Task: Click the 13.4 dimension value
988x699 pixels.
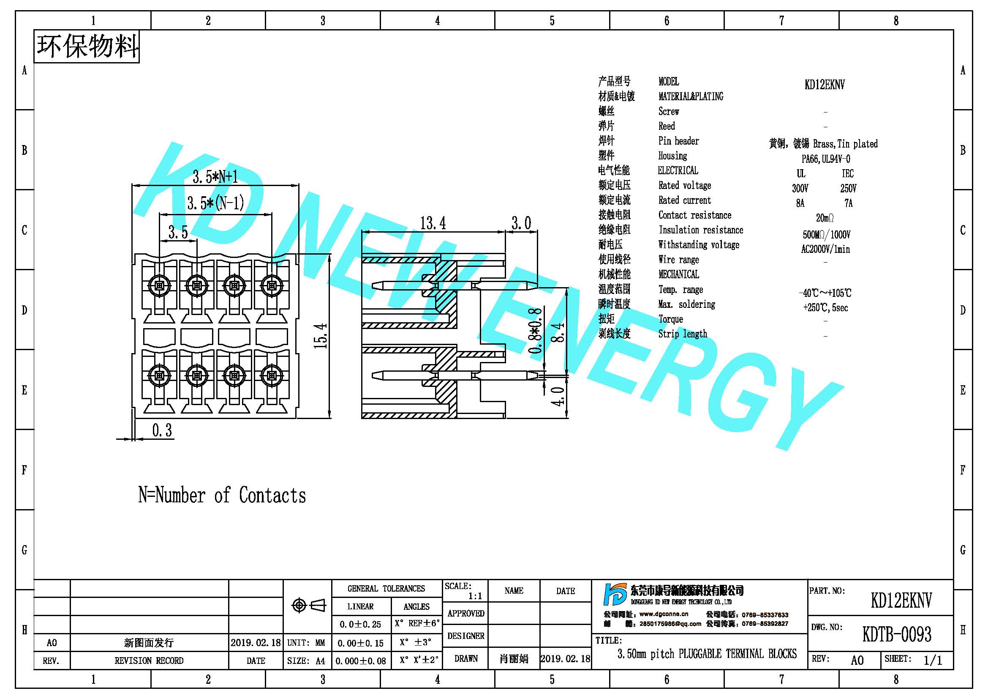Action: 433,223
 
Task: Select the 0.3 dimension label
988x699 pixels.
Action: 162,430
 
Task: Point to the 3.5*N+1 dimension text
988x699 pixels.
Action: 215,176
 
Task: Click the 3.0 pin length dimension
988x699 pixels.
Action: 521,223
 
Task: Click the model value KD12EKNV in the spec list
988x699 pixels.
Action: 825,85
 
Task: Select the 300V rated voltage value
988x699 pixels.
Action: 800,188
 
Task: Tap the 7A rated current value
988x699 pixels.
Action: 848,203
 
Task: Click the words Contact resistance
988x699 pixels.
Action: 694,215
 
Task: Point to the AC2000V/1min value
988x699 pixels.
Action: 825,249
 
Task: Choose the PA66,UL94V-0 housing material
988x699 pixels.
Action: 826,159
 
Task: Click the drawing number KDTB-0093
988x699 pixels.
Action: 897,634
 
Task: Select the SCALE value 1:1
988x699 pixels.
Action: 475,596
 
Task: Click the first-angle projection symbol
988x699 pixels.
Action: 308,605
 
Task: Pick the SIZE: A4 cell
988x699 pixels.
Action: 306,661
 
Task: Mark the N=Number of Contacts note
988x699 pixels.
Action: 222,495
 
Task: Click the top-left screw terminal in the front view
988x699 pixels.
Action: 159,285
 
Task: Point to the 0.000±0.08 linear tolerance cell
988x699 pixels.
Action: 361,661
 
